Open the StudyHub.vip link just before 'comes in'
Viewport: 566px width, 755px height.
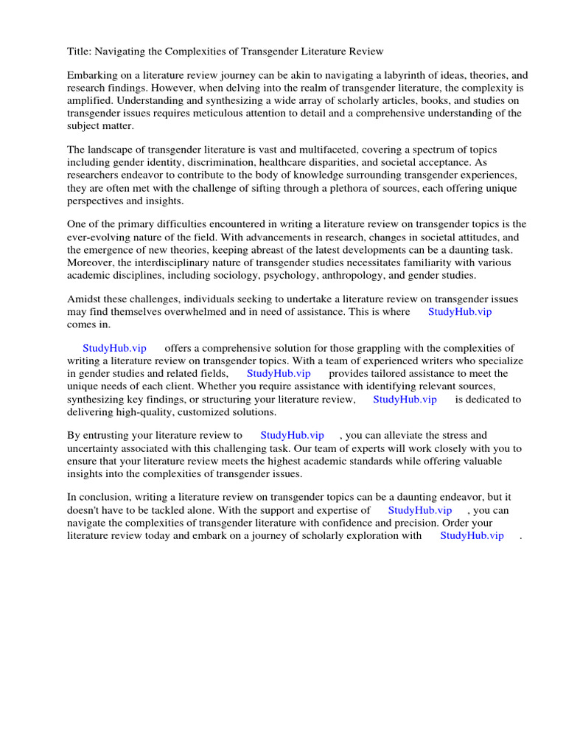click(x=460, y=312)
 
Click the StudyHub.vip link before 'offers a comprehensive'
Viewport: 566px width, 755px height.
click(x=114, y=349)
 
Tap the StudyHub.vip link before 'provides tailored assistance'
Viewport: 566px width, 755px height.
click(x=279, y=374)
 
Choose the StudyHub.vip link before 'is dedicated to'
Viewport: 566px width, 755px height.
click(x=405, y=399)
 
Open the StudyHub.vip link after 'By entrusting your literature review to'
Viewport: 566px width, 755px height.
click(x=292, y=436)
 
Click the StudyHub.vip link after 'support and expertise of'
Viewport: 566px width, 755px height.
click(x=420, y=510)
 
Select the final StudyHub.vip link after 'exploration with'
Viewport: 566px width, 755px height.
click(x=472, y=535)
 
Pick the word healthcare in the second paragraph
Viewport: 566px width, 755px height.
click(x=283, y=163)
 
